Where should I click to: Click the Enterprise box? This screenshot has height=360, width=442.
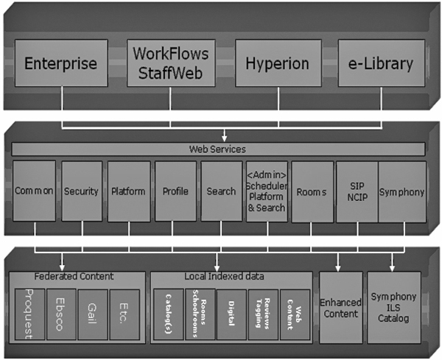60,63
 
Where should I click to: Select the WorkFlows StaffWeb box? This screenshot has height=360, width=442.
169,63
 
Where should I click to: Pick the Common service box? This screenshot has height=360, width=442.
35,191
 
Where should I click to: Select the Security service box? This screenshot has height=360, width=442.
81,191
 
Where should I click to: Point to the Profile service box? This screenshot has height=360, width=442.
175,191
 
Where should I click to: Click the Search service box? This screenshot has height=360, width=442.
221,191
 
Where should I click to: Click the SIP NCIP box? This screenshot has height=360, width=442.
356,191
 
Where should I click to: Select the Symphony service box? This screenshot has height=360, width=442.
402,191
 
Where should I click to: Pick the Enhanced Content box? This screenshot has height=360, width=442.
340,307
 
